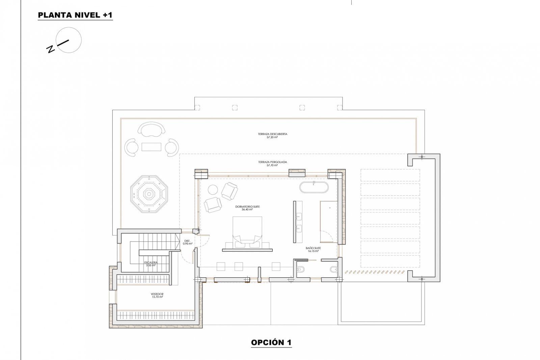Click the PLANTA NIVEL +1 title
[x=75, y=15]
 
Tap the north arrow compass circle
[x=69, y=40]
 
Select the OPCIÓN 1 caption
[x=271, y=342]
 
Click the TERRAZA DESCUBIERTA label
[x=272, y=134]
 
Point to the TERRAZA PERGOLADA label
[x=272, y=162]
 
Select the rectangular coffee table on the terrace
[x=152, y=147]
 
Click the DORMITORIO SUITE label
[x=247, y=206]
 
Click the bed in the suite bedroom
[x=247, y=229]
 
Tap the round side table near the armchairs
[x=213, y=190]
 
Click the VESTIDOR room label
[x=157, y=294]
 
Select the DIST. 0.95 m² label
[x=188, y=242]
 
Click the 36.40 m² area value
[x=247, y=210]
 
